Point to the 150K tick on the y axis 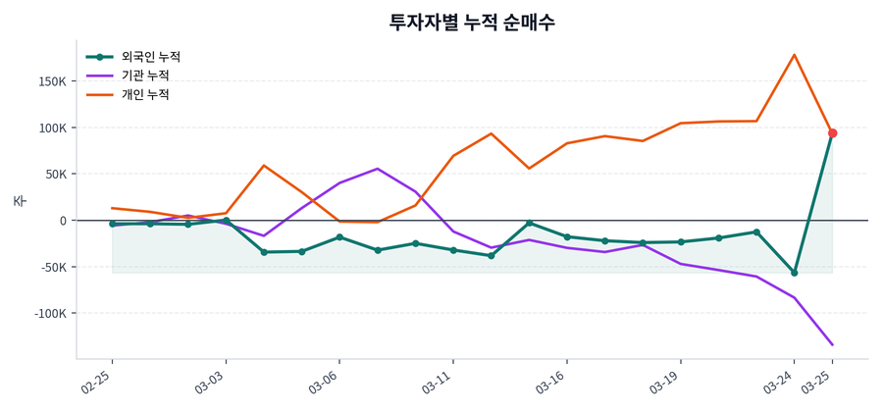point(52,81)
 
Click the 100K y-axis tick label point(52,128)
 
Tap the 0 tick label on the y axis point(63,221)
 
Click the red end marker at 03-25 point(833,133)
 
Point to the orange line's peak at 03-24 point(795,55)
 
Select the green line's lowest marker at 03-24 point(795,273)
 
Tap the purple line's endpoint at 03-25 point(833,345)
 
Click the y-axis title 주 point(19,200)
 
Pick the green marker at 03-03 point(226,222)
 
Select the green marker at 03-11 point(453,250)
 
